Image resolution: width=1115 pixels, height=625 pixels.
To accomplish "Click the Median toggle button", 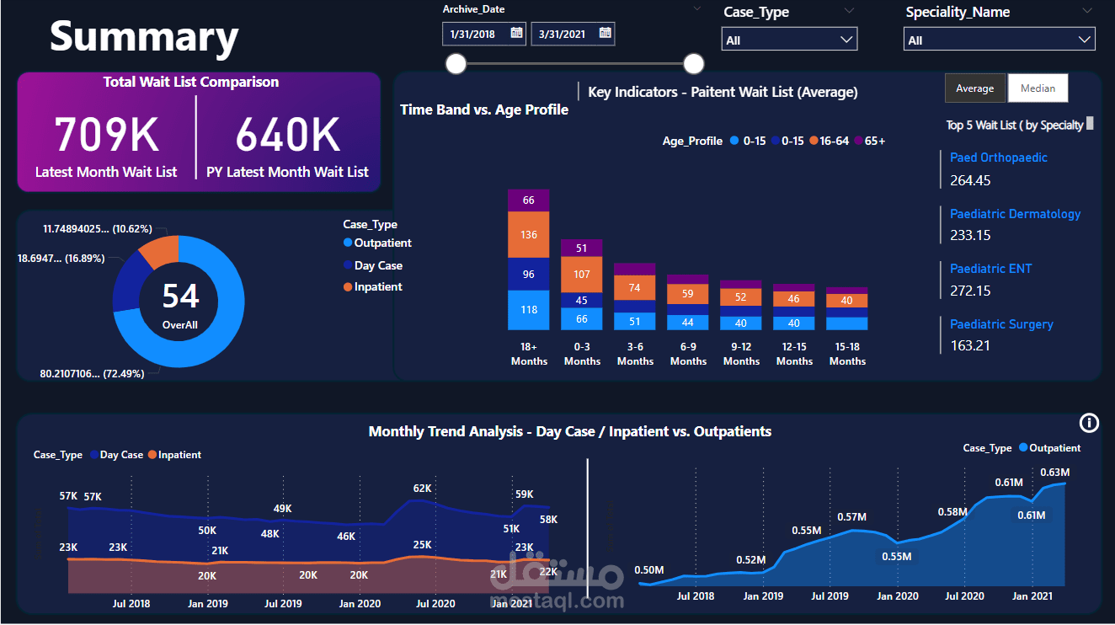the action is [x=1038, y=88].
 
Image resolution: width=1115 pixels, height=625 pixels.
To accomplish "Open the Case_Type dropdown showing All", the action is [x=789, y=40].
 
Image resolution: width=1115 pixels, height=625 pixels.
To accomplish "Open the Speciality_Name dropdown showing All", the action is [x=999, y=40].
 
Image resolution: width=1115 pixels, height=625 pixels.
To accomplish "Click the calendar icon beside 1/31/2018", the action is [x=517, y=33].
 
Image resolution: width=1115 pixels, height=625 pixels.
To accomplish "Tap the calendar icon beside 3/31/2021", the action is [x=606, y=33].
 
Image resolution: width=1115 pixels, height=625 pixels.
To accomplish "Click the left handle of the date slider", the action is [x=456, y=64].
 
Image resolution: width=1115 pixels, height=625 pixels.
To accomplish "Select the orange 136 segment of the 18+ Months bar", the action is [x=529, y=234].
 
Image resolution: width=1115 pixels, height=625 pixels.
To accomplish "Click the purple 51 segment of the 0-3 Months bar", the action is [x=581, y=248].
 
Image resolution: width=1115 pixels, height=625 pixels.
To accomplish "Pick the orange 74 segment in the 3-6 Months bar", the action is [x=635, y=288].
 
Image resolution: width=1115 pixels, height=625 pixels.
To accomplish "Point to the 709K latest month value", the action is [x=106, y=134].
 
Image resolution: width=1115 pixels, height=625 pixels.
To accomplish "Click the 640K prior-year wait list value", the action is [x=288, y=134].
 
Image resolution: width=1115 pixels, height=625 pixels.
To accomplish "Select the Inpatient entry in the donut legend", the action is [x=373, y=287].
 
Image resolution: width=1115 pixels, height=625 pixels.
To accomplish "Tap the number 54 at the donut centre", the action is [x=181, y=296].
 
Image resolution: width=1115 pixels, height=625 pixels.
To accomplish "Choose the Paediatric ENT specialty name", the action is [x=990, y=269].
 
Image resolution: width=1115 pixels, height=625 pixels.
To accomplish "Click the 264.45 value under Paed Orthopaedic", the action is [x=970, y=180].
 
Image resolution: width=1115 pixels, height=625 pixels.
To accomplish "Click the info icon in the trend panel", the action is [x=1089, y=424].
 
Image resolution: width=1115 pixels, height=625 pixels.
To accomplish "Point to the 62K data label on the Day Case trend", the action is [x=422, y=489].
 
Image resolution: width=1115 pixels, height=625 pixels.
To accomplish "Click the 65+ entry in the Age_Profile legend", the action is [x=870, y=141].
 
